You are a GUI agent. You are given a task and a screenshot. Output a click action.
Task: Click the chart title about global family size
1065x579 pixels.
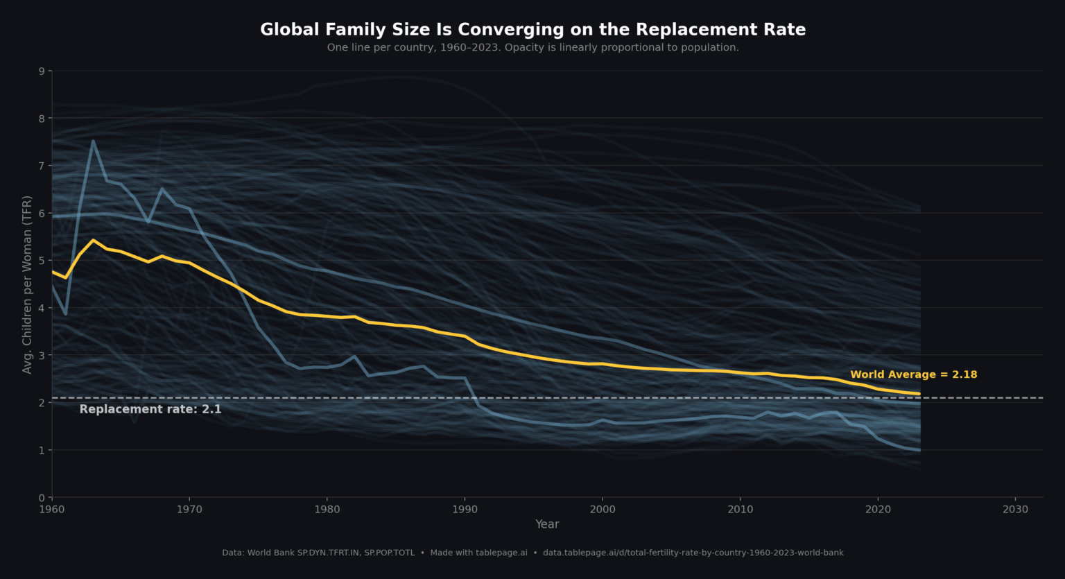coord(532,30)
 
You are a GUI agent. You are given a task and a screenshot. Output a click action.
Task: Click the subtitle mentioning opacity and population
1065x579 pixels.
coord(532,48)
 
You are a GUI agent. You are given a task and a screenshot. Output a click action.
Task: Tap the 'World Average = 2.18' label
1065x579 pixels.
coord(913,374)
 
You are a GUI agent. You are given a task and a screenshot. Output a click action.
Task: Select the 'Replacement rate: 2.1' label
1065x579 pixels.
coord(150,409)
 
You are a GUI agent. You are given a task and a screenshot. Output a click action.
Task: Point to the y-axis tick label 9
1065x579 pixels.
coord(42,71)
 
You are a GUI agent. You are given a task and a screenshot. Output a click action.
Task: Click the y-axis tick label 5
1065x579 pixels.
coord(42,261)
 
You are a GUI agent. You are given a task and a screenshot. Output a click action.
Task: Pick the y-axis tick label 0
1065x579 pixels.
coord(42,497)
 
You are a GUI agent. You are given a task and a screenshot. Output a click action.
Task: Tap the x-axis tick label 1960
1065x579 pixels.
coord(52,510)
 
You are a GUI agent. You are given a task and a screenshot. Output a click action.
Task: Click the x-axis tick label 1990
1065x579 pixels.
coord(465,510)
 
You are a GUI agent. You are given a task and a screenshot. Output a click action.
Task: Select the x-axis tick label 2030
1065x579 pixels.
coord(1015,510)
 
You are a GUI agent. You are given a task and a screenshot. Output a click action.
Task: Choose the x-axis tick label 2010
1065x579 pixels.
coord(740,510)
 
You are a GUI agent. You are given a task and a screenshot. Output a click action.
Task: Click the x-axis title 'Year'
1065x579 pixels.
coord(547,524)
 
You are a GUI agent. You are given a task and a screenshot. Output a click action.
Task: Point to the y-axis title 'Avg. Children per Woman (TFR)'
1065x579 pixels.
coord(28,284)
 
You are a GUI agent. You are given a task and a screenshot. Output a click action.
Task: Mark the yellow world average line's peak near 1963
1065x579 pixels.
coord(93,240)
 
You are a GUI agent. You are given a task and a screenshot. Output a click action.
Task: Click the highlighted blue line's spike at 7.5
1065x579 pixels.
coord(93,141)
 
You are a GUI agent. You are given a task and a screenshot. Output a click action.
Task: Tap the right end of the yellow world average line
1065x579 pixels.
coord(919,394)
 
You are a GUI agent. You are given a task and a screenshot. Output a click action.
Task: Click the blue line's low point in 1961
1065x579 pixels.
coord(66,314)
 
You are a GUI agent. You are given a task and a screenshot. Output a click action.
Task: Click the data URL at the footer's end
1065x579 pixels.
coord(693,553)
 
